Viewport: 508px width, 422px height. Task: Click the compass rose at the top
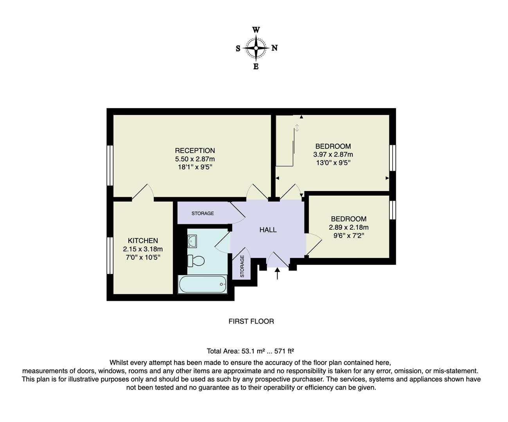(256, 48)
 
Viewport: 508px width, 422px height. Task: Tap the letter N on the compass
(275, 48)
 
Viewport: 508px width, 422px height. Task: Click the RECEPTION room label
(195, 150)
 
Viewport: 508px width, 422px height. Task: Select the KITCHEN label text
(143, 241)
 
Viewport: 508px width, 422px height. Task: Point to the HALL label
(268, 230)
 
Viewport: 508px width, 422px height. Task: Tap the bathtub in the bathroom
(202, 284)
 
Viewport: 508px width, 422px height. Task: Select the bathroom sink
(192, 241)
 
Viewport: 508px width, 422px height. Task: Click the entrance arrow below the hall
(278, 273)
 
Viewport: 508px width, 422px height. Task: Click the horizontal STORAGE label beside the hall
(202, 213)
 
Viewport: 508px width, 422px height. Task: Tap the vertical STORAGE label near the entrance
(242, 266)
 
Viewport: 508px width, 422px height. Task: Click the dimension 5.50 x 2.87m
(195, 159)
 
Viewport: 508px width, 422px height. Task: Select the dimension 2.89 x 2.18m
(348, 227)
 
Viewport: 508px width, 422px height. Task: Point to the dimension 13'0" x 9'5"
(333, 163)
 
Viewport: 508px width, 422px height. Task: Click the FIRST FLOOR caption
(251, 321)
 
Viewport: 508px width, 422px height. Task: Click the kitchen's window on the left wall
(110, 256)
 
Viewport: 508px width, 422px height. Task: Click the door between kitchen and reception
(142, 193)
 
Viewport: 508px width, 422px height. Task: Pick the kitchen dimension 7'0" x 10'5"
(143, 257)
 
